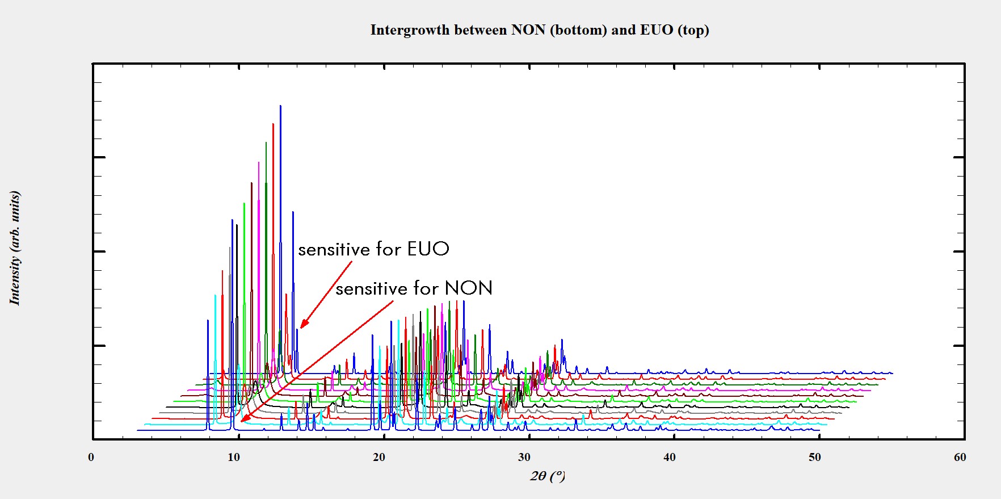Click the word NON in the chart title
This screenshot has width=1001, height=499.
pyautogui.click(x=528, y=30)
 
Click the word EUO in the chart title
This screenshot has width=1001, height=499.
pyautogui.click(x=657, y=30)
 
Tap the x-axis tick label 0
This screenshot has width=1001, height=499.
pyautogui.click(x=91, y=458)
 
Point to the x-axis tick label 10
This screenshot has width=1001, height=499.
pyautogui.click(x=234, y=458)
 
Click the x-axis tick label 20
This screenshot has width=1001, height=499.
pyautogui.click(x=379, y=458)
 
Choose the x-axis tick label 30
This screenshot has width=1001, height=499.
pyautogui.click(x=524, y=458)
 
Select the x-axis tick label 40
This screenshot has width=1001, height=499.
pyautogui.click(x=670, y=458)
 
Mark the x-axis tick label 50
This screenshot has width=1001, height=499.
pyautogui.click(x=815, y=458)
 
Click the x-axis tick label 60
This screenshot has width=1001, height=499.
pyautogui.click(x=960, y=458)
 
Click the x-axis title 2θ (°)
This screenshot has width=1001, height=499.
pyautogui.click(x=548, y=476)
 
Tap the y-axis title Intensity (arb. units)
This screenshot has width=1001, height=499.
pyautogui.click(x=15, y=248)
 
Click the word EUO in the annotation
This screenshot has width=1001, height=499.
pyautogui.click(x=428, y=249)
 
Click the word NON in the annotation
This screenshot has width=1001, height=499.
pyautogui.click(x=469, y=288)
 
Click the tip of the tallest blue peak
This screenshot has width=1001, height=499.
pyautogui.click(x=280, y=106)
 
